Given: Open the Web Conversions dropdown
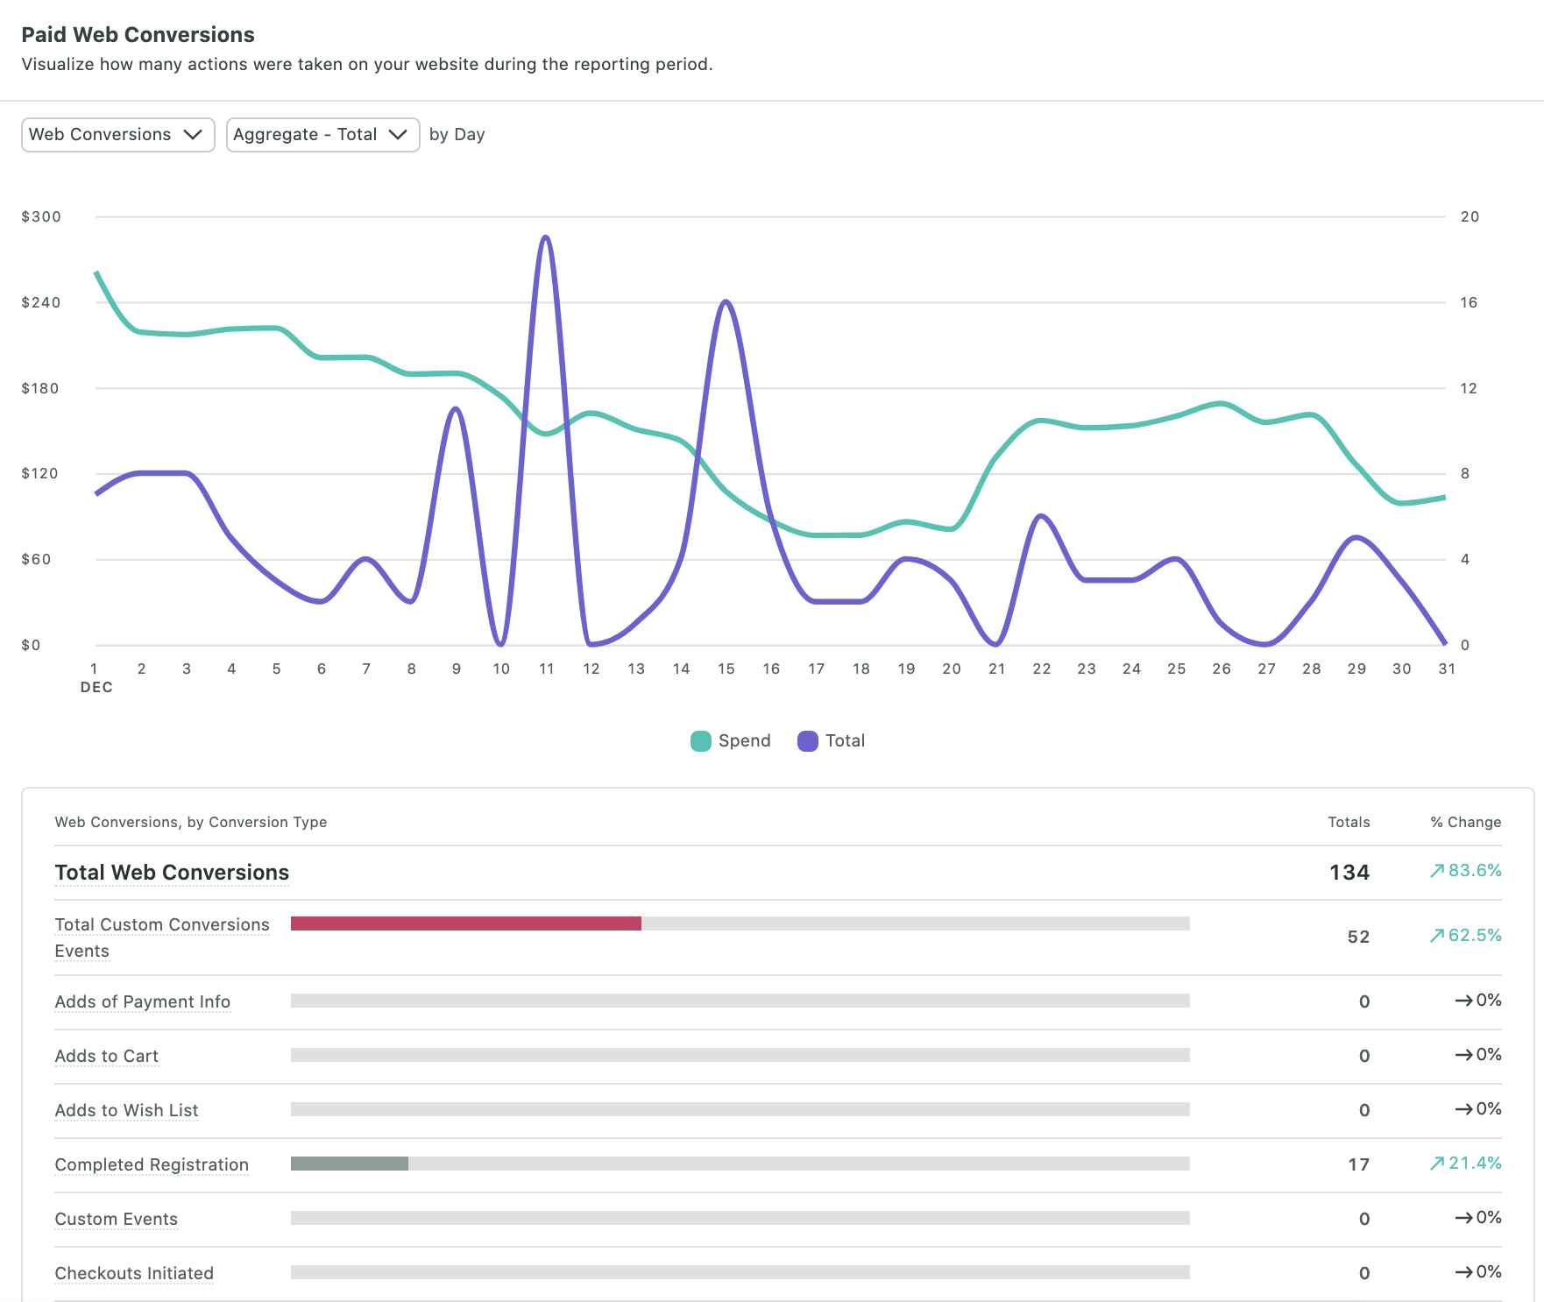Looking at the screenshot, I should click(117, 135).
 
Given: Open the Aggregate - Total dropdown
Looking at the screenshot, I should click(322, 135).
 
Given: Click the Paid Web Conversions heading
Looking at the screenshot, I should click(138, 35).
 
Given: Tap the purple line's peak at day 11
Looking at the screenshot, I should click(546, 237).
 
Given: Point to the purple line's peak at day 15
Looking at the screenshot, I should click(726, 302).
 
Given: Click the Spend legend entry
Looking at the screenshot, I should click(731, 741).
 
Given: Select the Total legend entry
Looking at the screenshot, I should click(832, 741).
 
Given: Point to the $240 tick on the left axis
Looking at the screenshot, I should click(41, 303).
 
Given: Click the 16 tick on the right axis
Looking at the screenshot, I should click(1469, 303).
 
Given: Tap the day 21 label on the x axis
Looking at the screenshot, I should click(996, 669).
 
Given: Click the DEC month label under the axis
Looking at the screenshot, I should click(96, 688).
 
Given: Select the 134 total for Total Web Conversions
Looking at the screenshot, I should click(1349, 873).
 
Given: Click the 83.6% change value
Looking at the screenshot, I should click(1466, 871).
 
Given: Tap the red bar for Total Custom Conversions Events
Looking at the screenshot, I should click(465, 923).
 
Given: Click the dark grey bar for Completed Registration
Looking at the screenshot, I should click(349, 1164).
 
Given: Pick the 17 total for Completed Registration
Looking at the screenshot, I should click(1358, 1165).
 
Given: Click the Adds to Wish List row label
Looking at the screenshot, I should click(127, 1111).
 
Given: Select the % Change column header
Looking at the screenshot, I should click(1465, 823).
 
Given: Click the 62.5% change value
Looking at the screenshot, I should click(1466, 936).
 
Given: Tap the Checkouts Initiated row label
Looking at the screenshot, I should click(134, 1274).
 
